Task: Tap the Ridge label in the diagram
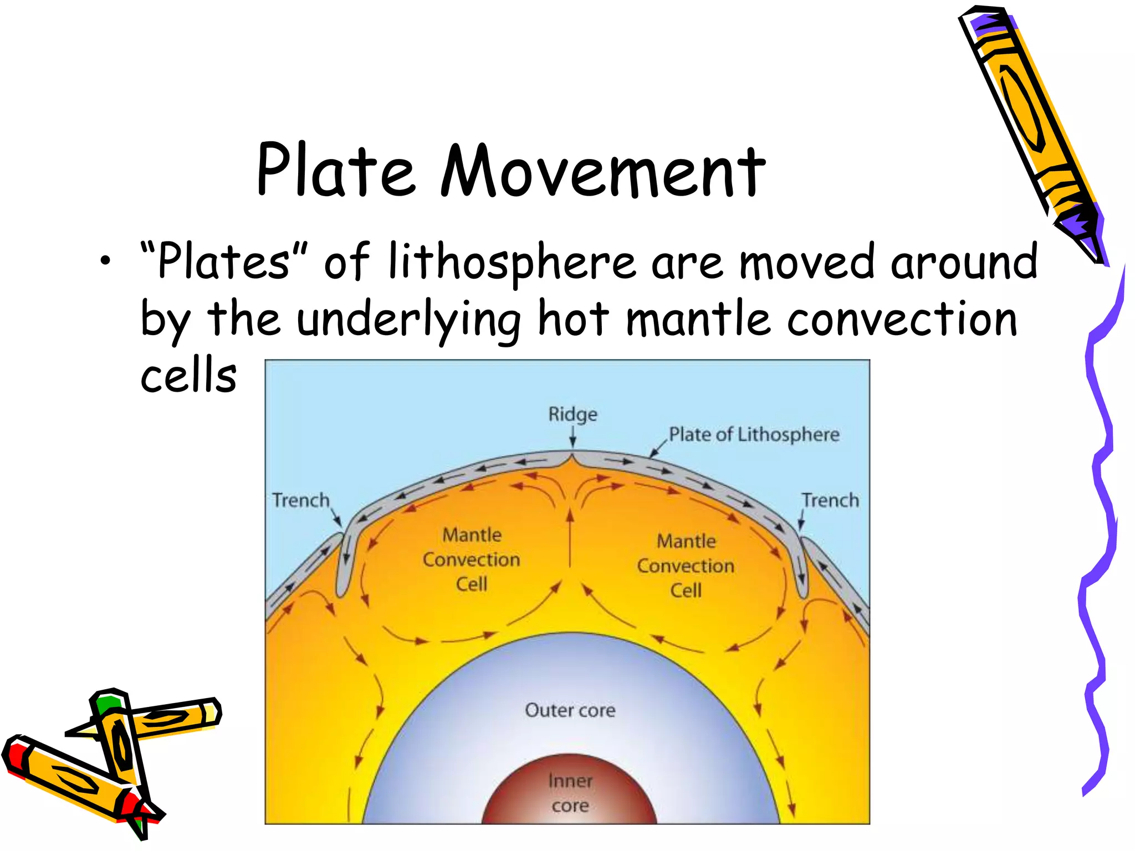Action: click(x=572, y=414)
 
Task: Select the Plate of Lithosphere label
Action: click(x=754, y=435)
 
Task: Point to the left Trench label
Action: click(x=300, y=500)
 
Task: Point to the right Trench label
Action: click(x=830, y=500)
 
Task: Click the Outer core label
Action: click(x=570, y=710)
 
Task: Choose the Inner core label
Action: click(x=570, y=793)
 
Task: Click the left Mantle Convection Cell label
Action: click(x=472, y=560)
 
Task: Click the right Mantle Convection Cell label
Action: click(x=686, y=566)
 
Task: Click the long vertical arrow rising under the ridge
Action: click(x=570, y=537)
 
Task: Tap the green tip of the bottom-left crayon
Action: click(x=107, y=704)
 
